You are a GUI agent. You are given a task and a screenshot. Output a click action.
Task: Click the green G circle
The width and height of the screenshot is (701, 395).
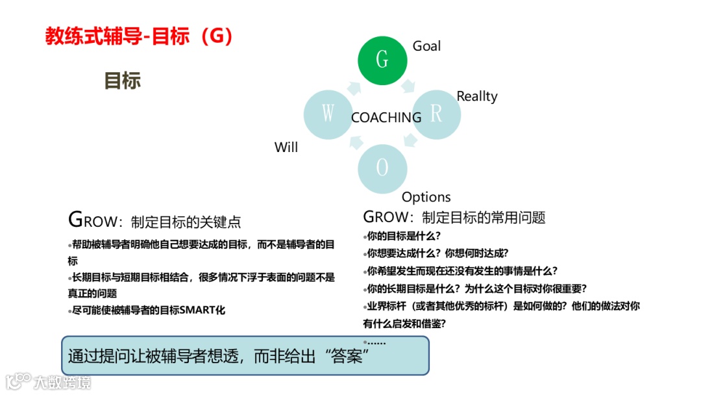click(382, 60)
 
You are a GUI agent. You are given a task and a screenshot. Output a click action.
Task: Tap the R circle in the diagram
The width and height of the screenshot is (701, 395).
click(436, 114)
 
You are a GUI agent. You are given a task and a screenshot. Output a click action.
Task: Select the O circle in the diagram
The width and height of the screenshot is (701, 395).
click(382, 168)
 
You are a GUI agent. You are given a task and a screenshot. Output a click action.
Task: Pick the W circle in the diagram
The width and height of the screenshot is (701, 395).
click(328, 114)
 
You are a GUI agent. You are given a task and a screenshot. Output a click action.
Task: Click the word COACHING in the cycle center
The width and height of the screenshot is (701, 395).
click(386, 118)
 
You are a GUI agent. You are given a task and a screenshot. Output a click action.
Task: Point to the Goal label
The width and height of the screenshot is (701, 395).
click(426, 46)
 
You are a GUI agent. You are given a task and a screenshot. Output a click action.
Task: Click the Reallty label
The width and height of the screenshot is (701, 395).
click(476, 96)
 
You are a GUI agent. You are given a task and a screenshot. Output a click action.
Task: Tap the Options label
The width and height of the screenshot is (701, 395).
click(426, 197)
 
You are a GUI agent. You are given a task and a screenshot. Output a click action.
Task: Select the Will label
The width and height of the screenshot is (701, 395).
click(286, 147)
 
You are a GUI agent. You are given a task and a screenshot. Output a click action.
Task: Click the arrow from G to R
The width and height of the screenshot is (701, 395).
click(408, 86)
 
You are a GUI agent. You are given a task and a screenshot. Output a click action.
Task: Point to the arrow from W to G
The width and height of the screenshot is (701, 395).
click(354, 87)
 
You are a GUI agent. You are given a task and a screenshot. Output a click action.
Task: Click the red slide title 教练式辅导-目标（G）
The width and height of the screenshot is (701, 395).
click(139, 36)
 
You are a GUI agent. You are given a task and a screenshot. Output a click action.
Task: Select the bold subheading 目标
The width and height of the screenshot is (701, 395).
click(122, 81)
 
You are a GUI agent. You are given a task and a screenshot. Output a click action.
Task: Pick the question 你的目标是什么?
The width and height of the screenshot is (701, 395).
click(404, 236)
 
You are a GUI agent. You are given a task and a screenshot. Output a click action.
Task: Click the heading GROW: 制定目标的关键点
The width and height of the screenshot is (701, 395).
click(154, 221)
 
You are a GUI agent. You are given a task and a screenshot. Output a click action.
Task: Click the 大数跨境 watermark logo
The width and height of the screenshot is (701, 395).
click(49, 381)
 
